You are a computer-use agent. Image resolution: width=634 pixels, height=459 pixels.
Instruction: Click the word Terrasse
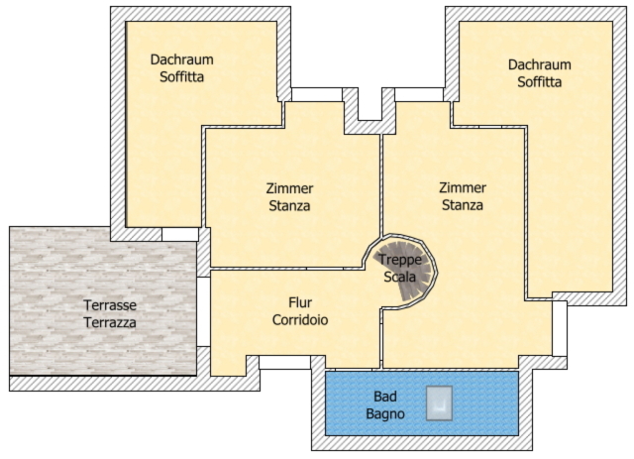[110, 305]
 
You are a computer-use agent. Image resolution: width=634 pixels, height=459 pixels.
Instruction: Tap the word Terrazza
[110, 322]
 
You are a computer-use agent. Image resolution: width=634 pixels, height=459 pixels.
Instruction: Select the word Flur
[300, 302]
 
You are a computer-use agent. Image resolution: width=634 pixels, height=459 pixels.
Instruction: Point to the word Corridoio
[300, 320]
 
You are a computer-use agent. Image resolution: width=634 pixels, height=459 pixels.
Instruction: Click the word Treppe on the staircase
[400, 260]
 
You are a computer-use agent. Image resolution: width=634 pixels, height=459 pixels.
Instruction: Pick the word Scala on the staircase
[400, 277]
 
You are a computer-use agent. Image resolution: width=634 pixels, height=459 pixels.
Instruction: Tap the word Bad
[385, 397]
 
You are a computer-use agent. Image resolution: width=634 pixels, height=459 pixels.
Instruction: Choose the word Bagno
[385, 414]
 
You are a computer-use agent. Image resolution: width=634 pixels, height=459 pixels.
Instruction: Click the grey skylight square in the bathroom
[439, 403]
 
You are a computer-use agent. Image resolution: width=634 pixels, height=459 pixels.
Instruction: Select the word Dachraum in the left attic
[182, 59]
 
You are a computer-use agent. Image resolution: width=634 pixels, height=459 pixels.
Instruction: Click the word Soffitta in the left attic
[182, 77]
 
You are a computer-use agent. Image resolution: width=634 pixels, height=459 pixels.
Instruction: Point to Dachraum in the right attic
[539, 64]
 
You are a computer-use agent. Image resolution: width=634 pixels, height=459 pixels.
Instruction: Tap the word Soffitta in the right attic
[539, 81]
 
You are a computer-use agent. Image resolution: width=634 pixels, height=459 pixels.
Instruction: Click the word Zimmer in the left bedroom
[289, 188]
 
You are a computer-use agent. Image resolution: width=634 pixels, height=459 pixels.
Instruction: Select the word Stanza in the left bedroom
[289, 205]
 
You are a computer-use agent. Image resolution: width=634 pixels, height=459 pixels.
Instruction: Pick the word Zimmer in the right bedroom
[463, 187]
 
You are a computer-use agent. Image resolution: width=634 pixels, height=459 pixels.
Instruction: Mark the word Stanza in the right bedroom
[463, 205]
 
